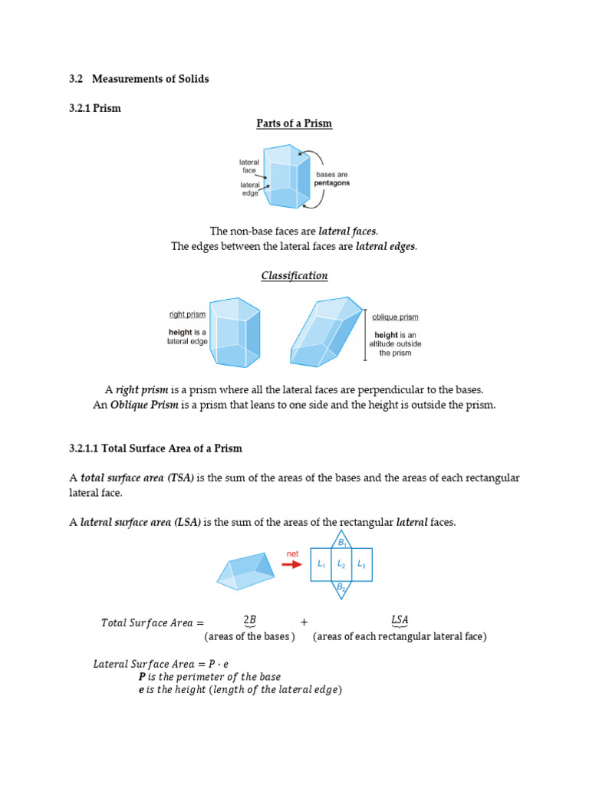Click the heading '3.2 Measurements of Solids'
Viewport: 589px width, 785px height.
coord(139,79)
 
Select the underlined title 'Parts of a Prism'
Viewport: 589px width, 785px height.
coord(294,123)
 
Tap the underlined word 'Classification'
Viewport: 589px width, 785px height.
coord(294,276)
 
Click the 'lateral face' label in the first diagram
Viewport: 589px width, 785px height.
coord(249,166)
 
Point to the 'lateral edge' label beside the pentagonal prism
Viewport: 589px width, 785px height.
coord(249,189)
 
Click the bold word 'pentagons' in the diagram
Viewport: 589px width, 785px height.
coord(332,184)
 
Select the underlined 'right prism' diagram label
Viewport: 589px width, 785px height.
coord(187,314)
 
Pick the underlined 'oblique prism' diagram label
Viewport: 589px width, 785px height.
coord(395,317)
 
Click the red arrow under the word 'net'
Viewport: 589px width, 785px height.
coord(292,564)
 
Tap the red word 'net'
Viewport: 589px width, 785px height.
coord(292,553)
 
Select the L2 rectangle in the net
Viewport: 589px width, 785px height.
coord(341,565)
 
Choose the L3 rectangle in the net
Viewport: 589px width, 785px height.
coord(362,565)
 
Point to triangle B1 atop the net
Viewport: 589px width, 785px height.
coord(341,540)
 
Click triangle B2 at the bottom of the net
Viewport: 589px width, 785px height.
coord(341,588)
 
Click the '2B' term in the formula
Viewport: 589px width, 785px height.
coord(249,620)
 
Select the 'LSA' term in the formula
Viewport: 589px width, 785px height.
coord(400,620)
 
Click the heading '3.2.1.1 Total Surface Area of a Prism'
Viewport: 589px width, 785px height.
coord(156,448)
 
